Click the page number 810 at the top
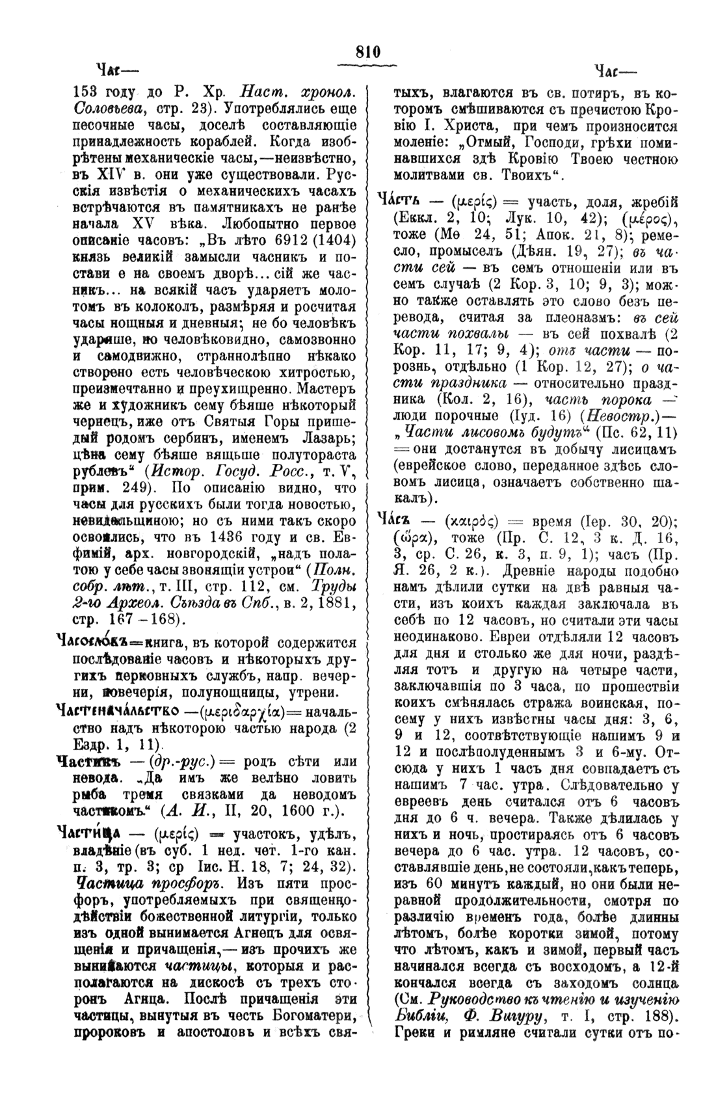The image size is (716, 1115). click(x=367, y=52)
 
